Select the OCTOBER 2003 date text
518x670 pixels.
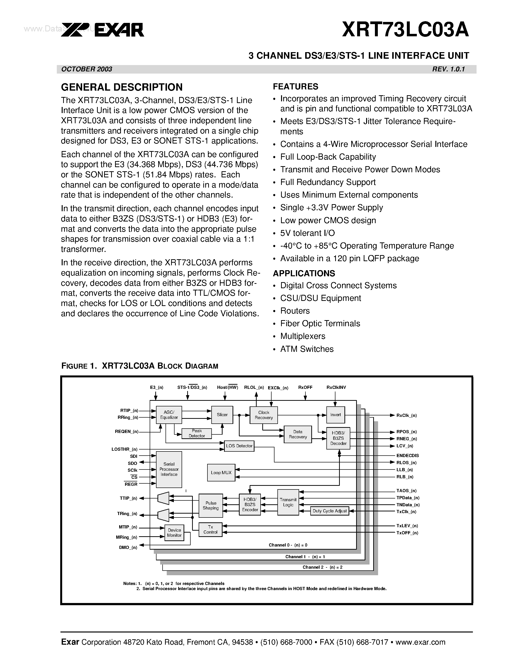(x=87, y=69)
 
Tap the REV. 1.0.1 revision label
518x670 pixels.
(x=448, y=69)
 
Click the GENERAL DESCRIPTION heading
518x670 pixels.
(x=122, y=87)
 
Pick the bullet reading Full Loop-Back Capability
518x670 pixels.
(x=328, y=157)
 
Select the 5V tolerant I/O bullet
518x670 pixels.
(x=307, y=233)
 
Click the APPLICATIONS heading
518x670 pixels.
(x=304, y=273)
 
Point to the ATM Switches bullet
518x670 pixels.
(x=307, y=349)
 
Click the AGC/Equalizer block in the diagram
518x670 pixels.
(x=169, y=415)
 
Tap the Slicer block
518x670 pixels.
(x=222, y=414)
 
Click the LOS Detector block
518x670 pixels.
(x=239, y=446)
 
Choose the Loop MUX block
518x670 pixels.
(x=221, y=472)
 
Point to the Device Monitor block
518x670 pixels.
(x=174, y=533)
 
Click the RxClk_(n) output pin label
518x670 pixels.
(x=406, y=415)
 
